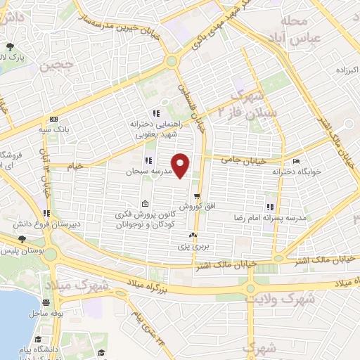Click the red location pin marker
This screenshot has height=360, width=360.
pos(181,165)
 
